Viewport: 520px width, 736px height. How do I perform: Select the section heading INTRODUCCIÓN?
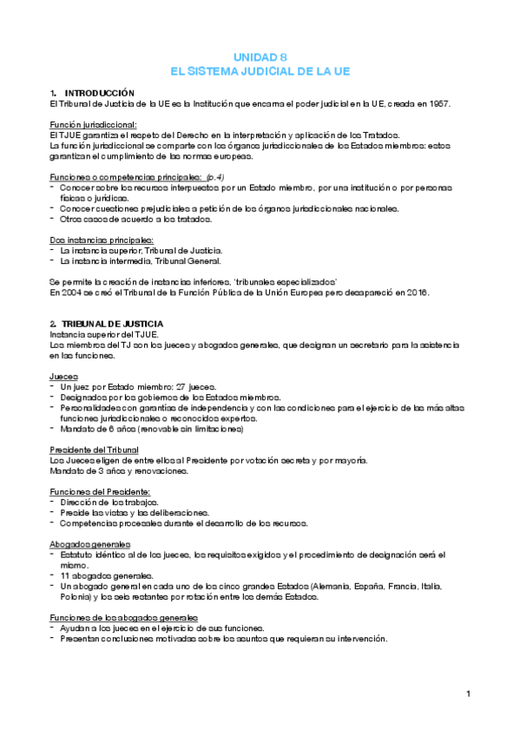tap(100, 92)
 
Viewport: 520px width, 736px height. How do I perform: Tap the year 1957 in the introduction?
tap(439, 103)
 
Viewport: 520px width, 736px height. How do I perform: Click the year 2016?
tap(418, 292)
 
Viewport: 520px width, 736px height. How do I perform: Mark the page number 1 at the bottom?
tap(468, 693)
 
